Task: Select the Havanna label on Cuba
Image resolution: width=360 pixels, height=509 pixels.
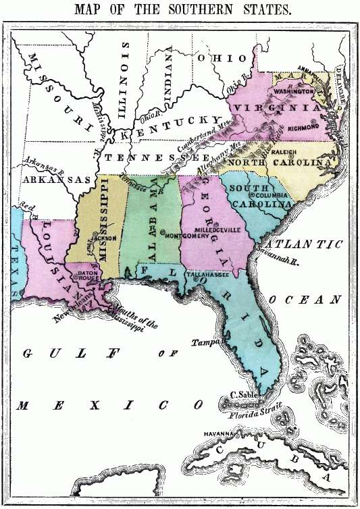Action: click(x=217, y=434)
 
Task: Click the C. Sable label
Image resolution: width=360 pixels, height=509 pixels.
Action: click(x=242, y=395)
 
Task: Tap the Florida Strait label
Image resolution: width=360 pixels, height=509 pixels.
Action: click(x=255, y=412)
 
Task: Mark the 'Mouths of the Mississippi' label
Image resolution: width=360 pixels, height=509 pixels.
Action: click(x=134, y=316)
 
